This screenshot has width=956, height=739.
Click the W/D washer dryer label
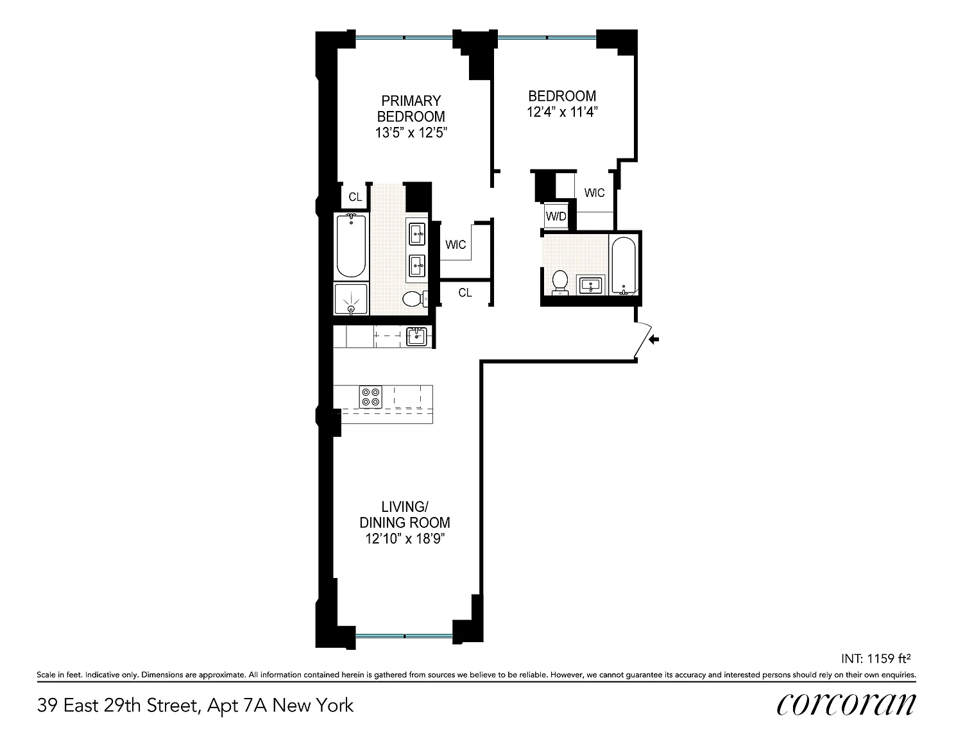pyautogui.click(x=556, y=216)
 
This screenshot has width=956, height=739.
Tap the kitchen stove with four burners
pyautogui.click(x=370, y=397)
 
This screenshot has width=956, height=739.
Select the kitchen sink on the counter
pyautogui.click(x=416, y=337)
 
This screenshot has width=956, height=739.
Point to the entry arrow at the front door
pyautogui.click(x=654, y=339)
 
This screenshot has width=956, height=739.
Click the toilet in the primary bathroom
pyautogui.click(x=415, y=299)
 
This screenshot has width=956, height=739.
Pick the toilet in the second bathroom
pyautogui.click(x=560, y=282)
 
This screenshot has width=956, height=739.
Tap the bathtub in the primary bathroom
pyautogui.click(x=351, y=246)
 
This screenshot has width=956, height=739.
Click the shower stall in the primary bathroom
pyautogui.click(x=351, y=299)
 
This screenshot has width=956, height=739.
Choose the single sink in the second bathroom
pyautogui.click(x=591, y=285)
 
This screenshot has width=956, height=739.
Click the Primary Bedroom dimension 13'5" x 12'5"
pyautogui.click(x=411, y=132)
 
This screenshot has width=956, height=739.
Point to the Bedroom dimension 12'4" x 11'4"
pyautogui.click(x=562, y=112)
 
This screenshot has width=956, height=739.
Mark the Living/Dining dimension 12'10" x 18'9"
pyautogui.click(x=405, y=538)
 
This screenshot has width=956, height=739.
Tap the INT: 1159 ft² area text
pyautogui.click(x=876, y=659)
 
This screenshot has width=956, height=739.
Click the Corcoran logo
pyautogui.click(x=846, y=705)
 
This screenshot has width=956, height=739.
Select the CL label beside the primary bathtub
pyautogui.click(x=355, y=197)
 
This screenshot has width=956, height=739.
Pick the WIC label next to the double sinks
pyautogui.click(x=456, y=244)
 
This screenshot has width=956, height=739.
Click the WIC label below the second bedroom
pyautogui.click(x=594, y=192)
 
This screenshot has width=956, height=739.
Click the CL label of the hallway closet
pyautogui.click(x=465, y=293)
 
